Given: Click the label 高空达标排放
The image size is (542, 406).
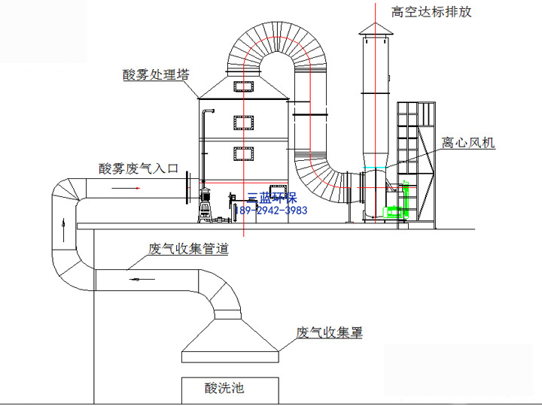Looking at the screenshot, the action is [431, 12].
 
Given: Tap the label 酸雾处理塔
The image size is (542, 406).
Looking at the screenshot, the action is [156, 74].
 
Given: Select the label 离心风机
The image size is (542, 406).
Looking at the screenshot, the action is [468, 142].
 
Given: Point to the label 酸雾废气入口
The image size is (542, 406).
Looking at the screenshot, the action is [139, 168].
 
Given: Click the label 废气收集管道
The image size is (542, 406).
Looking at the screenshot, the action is [188, 249].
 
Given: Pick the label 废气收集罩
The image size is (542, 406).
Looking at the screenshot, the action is [330, 332].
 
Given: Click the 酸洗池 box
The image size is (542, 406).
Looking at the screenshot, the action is [230, 390].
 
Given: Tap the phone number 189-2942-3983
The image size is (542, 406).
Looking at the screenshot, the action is [271, 211].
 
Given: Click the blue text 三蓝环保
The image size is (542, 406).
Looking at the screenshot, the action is [272, 198].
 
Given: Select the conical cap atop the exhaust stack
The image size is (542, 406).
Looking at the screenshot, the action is [376, 29].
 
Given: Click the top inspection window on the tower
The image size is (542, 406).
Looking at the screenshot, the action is [244, 86].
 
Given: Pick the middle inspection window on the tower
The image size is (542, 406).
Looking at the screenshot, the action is [244, 123].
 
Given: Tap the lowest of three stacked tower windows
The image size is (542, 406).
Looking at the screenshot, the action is [244, 154].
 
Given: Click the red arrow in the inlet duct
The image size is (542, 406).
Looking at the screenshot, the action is [126, 188].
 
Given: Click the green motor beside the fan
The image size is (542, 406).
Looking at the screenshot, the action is [393, 211].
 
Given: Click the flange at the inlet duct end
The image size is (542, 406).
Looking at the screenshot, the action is [187, 188].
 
